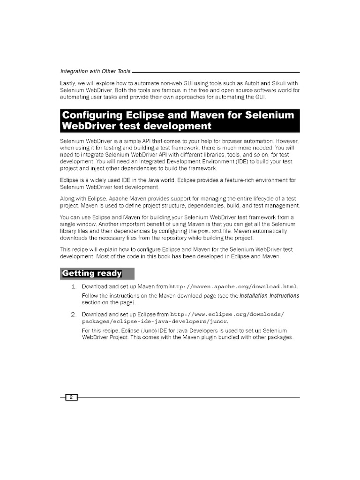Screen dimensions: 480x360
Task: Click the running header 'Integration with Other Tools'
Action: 96,71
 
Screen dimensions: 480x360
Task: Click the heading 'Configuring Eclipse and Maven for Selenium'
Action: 178,115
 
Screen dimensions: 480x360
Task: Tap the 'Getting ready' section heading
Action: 92,273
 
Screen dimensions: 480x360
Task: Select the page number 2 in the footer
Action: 71,397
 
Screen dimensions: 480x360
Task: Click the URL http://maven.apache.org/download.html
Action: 233,286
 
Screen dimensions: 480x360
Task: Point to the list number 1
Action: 74,286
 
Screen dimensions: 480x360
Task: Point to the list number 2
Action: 74,314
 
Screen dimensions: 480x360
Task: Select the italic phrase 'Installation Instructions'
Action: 270,296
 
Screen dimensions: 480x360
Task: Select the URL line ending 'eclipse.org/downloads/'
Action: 227,314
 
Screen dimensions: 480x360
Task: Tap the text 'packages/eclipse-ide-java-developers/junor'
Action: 155,321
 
